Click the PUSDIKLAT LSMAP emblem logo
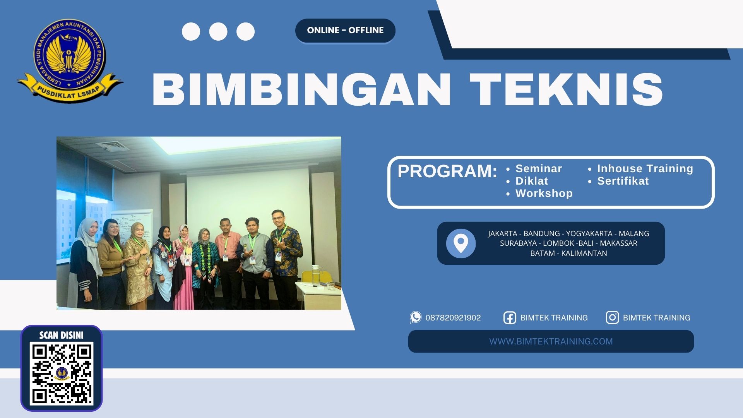click(70, 61)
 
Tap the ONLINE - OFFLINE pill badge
click(345, 30)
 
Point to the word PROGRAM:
click(447, 171)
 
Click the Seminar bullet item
click(538, 169)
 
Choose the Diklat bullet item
click(531, 181)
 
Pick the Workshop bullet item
click(544, 194)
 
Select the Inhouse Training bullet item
click(645, 169)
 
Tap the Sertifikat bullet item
click(623, 181)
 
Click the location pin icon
click(461, 243)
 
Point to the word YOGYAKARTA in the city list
click(589, 233)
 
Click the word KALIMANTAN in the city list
click(584, 253)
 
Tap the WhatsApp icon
click(416, 317)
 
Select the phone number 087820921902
click(453, 318)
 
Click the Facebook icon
click(509, 318)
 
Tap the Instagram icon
click(612, 318)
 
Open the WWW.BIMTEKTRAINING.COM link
click(551, 341)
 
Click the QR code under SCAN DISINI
click(62, 373)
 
